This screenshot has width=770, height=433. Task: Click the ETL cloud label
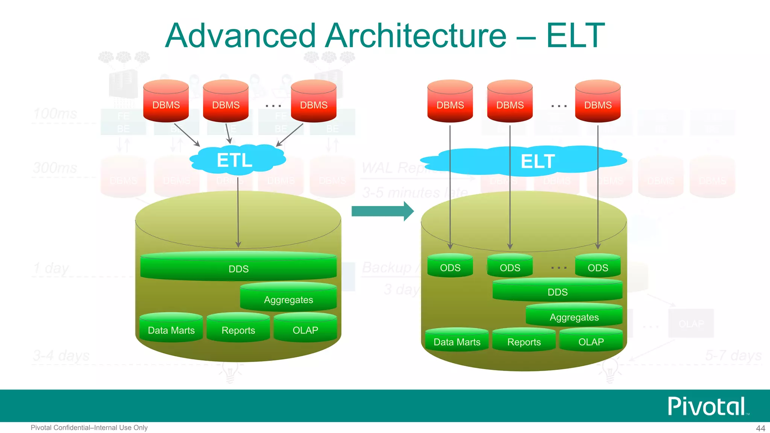(x=235, y=160)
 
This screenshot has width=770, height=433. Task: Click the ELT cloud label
(x=537, y=162)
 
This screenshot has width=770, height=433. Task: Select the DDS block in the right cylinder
(x=557, y=292)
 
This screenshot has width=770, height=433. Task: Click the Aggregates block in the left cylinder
(x=288, y=299)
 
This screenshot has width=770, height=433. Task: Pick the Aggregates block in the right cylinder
(x=574, y=317)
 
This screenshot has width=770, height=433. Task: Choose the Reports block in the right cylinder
(x=524, y=342)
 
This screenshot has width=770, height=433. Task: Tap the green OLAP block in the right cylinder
(x=591, y=342)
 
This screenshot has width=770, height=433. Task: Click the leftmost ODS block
(x=450, y=267)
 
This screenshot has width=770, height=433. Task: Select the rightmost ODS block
(x=598, y=267)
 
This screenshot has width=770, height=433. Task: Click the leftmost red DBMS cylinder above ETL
(x=166, y=101)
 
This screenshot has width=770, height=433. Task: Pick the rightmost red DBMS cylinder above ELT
(x=598, y=101)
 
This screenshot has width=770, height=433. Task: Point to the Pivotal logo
(x=707, y=406)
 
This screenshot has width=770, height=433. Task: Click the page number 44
(x=760, y=428)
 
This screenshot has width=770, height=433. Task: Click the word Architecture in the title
(x=416, y=36)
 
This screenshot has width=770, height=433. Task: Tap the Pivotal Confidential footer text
(x=89, y=428)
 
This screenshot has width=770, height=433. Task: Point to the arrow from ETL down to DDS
(x=238, y=210)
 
